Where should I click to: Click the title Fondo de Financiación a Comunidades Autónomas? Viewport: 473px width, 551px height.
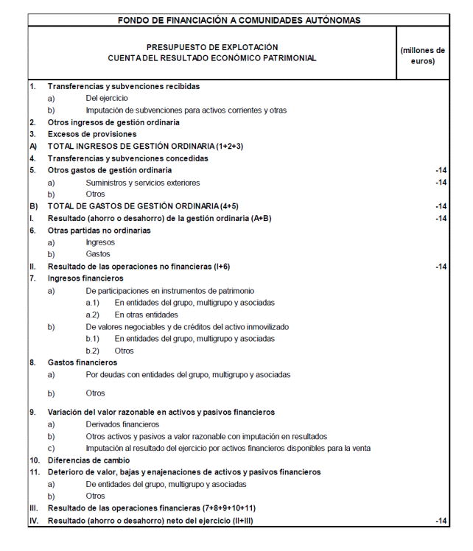click(x=239, y=20)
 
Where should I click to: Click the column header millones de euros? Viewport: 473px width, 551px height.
click(x=422, y=55)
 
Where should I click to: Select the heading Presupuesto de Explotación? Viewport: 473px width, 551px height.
click(x=212, y=47)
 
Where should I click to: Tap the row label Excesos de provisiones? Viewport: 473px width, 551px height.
click(x=92, y=134)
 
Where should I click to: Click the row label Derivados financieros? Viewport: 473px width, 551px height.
click(x=122, y=424)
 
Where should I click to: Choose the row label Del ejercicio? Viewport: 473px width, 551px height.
click(x=107, y=98)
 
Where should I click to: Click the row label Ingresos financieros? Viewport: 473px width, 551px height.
click(x=85, y=278)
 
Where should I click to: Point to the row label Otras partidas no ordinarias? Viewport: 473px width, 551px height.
click(x=99, y=230)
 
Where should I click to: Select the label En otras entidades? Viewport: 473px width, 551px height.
click(x=147, y=315)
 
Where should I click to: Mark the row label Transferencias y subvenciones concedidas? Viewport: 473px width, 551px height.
click(x=128, y=158)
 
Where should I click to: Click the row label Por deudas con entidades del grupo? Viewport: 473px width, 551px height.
click(x=188, y=375)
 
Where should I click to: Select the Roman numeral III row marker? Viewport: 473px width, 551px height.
click(x=33, y=508)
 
